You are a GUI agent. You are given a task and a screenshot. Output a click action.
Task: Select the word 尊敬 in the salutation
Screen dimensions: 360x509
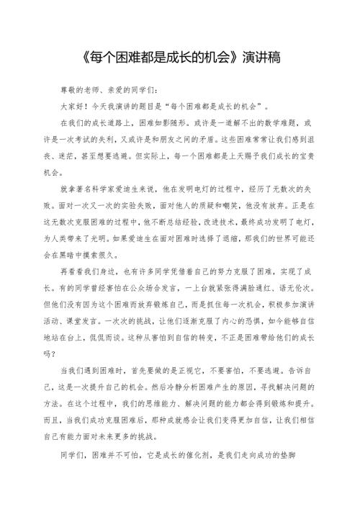tap(70, 91)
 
